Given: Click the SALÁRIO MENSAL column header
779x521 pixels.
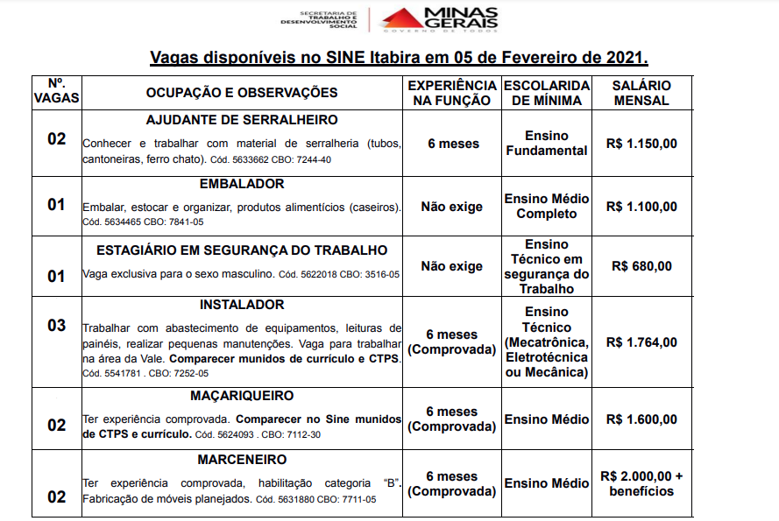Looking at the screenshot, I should pyautogui.click(x=642, y=93).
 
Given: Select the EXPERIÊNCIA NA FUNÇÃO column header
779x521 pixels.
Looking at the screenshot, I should pyautogui.click(x=451, y=93).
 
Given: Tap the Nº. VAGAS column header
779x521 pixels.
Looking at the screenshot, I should pyautogui.click(x=56, y=93).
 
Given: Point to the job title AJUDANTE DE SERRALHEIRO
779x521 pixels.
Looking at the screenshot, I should pyautogui.click(x=242, y=120).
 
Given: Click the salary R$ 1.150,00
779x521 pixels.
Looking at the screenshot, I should pyautogui.click(x=641, y=144).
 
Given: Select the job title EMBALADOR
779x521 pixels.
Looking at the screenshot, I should pyautogui.click(x=242, y=185).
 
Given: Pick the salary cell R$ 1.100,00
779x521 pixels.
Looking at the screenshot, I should pyautogui.click(x=641, y=207).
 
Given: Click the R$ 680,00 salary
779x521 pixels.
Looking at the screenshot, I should pyautogui.click(x=642, y=266).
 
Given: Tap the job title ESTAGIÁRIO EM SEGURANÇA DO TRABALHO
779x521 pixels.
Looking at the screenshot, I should pyautogui.click(x=242, y=250).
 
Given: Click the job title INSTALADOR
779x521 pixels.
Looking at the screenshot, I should pyautogui.click(x=242, y=305).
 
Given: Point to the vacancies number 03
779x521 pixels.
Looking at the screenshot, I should pyautogui.click(x=56, y=326).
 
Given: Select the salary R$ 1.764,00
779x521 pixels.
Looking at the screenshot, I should pyautogui.click(x=641, y=342).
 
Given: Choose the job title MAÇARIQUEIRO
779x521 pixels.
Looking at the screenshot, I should pyautogui.click(x=242, y=396).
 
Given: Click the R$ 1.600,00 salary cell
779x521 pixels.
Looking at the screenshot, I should pyautogui.click(x=641, y=419).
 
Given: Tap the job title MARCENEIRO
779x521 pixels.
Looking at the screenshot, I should pyautogui.click(x=242, y=460).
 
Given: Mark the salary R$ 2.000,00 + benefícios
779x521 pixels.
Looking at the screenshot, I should pyautogui.click(x=641, y=483).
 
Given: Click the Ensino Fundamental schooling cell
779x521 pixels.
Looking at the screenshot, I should pyautogui.click(x=546, y=144).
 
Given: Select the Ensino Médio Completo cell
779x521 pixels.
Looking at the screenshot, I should pyautogui.click(x=546, y=207).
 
